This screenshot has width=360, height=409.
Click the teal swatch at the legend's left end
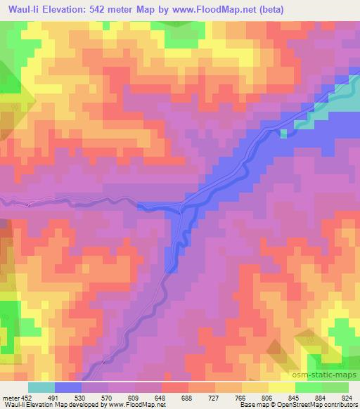[x=41, y=387]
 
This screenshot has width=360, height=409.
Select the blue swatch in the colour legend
[x=68, y=387]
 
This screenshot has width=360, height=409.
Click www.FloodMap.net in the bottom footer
[x=133, y=404]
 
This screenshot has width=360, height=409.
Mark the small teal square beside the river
[x=284, y=134]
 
